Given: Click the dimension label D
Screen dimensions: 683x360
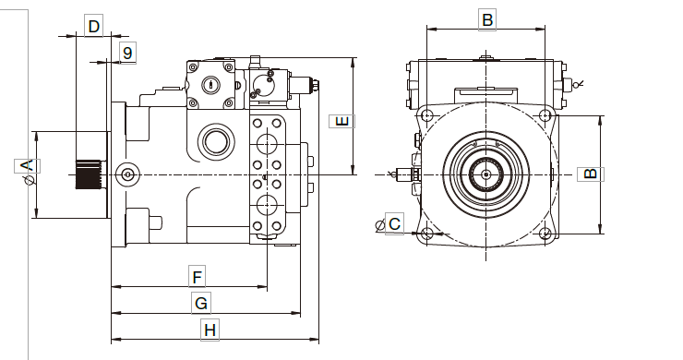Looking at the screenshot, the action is click(x=93, y=26).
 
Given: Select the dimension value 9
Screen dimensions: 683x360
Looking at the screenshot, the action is click(x=127, y=53).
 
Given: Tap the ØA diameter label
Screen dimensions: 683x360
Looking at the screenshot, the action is click(x=28, y=171).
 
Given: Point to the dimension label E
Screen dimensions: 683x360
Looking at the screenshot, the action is click(x=342, y=121).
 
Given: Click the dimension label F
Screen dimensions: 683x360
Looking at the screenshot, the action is click(x=197, y=277).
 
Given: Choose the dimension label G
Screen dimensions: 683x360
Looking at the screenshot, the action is click(x=201, y=303).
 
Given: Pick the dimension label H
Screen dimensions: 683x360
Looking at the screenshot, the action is click(x=210, y=330).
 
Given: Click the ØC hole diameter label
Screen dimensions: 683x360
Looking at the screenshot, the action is click(x=389, y=224).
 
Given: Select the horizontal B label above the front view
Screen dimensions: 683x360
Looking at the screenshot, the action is click(x=487, y=20).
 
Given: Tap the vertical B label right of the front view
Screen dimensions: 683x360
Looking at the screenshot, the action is click(x=591, y=174).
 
